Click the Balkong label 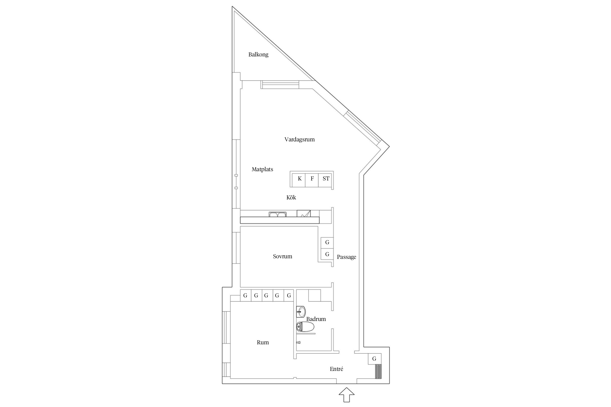coord(258,55)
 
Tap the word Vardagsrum coord(300,139)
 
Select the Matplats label coord(262,169)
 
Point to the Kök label coord(291,198)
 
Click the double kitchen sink coord(278,214)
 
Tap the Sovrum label coord(282,256)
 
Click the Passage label coord(347,257)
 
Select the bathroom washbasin coord(301,311)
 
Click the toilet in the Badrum coord(305,327)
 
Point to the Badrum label coord(316,319)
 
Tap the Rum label coord(263,342)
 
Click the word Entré coord(336,369)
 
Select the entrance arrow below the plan coord(347,395)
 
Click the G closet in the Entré coord(374,359)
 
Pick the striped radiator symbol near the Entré coord(378,371)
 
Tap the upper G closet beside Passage coord(327,242)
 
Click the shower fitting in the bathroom coord(298,342)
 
